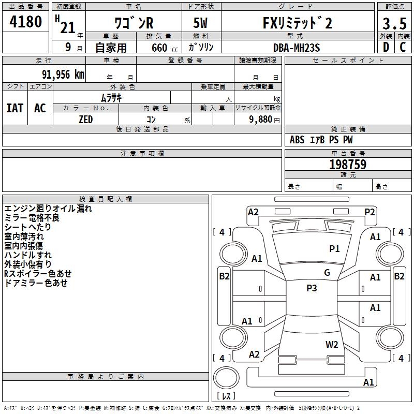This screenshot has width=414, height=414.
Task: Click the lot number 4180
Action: (x=26, y=22)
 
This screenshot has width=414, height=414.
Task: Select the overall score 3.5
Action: (x=394, y=24)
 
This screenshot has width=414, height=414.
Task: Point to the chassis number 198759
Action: (x=348, y=165)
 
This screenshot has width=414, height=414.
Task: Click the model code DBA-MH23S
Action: (x=297, y=47)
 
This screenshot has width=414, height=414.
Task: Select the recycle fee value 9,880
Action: (x=257, y=120)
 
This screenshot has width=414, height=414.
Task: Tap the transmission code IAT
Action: (x=14, y=108)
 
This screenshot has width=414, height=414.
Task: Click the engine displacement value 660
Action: (x=159, y=48)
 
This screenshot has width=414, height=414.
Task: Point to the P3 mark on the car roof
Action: (x=312, y=288)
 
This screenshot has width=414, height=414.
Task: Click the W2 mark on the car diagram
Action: (x=332, y=344)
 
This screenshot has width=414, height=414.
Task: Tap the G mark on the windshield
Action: (x=327, y=273)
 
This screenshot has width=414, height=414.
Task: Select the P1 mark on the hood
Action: (x=334, y=249)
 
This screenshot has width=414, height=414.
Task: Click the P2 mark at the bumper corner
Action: (x=369, y=212)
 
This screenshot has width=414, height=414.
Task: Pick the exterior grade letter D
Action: (x=386, y=47)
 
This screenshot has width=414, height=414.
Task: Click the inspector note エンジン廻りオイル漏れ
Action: (x=48, y=209)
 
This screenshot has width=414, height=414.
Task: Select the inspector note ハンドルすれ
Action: (x=28, y=255)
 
